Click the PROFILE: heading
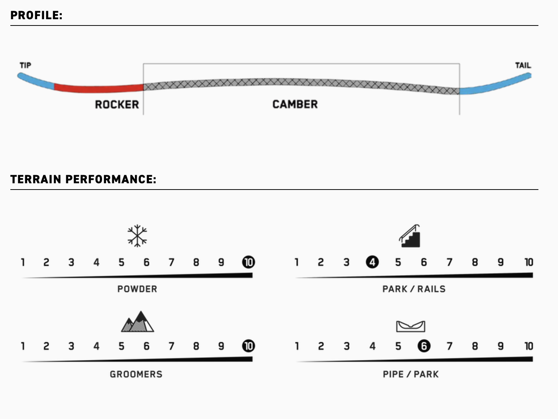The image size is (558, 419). (x=36, y=15)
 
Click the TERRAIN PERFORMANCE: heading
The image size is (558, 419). (x=83, y=179)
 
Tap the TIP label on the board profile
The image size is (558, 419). (x=25, y=65)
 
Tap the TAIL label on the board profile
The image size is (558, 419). (x=523, y=65)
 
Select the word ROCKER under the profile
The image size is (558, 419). (x=117, y=105)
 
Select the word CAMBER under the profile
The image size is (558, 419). (x=295, y=104)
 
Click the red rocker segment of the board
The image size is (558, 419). (x=99, y=88)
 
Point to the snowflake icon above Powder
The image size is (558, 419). (x=137, y=236)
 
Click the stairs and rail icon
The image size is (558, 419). (x=409, y=236)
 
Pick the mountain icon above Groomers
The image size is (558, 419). (x=137, y=321)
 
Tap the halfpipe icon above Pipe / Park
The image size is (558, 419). (x=411, y=326)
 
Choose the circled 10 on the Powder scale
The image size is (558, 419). (x=249, y=262)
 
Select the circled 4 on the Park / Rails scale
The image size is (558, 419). (x=372, y=262)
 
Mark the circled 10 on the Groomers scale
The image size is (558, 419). (x=249, y=346)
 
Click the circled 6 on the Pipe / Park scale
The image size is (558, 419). (x=424, y=346)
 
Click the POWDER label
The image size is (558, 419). (x=137, y=289)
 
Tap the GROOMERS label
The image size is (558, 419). (x=136, y=374)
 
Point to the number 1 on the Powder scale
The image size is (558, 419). (x=23, y=262)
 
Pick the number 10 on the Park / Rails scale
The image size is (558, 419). (x=529, y=262)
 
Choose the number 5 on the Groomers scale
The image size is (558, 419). (x=122, y=346)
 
